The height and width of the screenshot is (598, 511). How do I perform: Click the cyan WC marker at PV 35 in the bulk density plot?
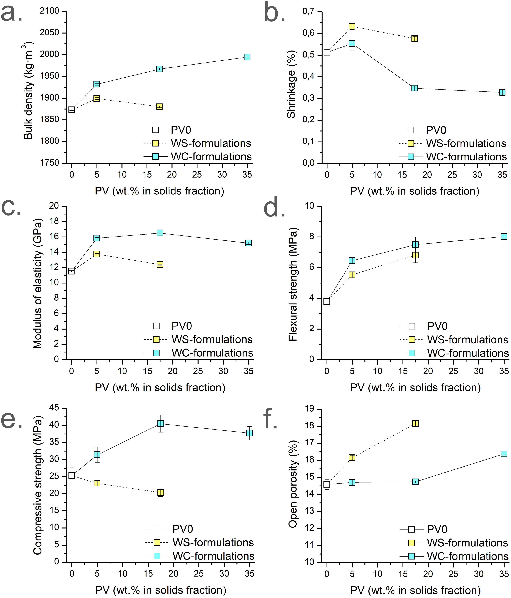coord(247,57)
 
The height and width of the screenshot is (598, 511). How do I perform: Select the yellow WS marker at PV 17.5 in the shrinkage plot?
coord(415,38)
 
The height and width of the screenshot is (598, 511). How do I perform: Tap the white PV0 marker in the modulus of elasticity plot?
coord(72,271)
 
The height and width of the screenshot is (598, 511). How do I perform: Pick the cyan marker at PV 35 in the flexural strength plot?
coord(504,236)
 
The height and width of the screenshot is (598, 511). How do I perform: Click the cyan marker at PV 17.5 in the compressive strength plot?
coord(161,423)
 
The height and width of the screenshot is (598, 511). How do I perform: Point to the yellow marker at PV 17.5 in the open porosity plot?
coord(415,423)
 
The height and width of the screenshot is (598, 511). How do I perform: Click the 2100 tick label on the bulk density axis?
coord(49,11)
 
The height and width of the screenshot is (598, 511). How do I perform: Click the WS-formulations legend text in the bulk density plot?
coord(211,143)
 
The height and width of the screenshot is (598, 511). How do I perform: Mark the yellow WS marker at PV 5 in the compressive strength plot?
coord(97,483)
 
